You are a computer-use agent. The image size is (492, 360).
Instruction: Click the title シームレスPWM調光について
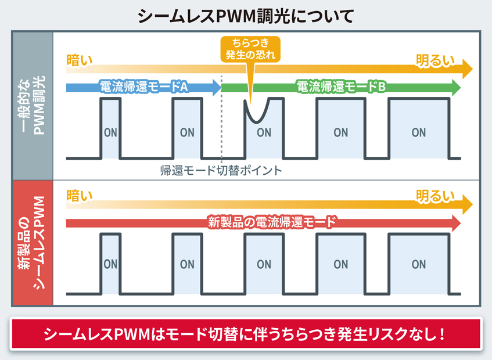(x=246, y=16)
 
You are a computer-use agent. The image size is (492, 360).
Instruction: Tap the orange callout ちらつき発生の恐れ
(x=250, y=49)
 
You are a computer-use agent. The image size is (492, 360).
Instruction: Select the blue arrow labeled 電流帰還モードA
(x=143, y=87)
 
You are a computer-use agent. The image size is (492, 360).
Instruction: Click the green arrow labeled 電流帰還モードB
(x=341, y=87)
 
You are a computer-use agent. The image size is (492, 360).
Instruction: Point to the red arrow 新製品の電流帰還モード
(x=264, y=223)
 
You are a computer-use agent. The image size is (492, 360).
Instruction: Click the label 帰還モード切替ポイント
(x=221, y=171)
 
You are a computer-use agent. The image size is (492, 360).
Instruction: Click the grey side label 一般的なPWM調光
(x=33, y=105)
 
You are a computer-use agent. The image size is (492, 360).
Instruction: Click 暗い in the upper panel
(x=80, y=60)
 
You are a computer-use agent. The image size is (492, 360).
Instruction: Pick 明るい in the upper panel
(x=435, y=61)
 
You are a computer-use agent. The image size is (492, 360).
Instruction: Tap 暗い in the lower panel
(x=80, y=196)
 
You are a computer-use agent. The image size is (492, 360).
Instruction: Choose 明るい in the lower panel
(x=435, y=197)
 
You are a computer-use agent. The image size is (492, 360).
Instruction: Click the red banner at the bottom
(x=246, y=334)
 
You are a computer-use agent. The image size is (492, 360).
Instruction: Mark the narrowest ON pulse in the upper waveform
(x=110, y=128)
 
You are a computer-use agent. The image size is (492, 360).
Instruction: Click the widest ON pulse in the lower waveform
(x=419, y=264)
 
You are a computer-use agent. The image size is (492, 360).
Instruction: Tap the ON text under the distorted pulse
(x=264, y=132)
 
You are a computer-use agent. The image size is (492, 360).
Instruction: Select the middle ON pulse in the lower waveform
(x=264, y=264)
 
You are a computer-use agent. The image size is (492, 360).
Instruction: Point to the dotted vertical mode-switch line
(x=221, y=119)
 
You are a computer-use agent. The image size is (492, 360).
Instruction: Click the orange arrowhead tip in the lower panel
(x=473, y=204)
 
